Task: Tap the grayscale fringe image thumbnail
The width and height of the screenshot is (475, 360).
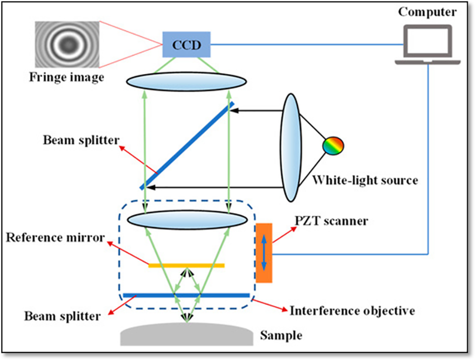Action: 67,45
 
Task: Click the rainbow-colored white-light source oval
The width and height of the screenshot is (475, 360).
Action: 334,145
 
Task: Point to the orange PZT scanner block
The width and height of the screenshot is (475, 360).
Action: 264,253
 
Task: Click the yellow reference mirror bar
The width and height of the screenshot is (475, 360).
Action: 186,265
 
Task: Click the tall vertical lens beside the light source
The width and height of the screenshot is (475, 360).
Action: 291,147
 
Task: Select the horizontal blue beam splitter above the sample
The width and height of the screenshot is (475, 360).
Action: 186,295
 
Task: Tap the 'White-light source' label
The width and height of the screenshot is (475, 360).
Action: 365,180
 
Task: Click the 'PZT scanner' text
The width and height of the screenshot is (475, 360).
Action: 331,221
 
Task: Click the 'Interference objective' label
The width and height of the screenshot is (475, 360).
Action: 352,310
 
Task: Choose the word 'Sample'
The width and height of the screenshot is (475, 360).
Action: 281,335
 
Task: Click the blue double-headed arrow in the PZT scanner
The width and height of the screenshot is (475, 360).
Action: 264,253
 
